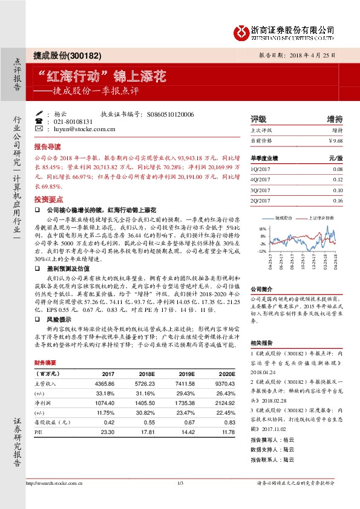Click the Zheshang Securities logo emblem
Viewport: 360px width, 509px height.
coord(242,31)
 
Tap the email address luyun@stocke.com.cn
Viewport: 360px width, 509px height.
coord(84,129)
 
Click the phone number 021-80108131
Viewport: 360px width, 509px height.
coord(79,122)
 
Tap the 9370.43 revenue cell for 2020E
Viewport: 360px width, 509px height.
coord(221,384)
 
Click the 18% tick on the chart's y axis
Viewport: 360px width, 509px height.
coord(263,229)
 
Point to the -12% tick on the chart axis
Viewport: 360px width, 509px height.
coord(263,250)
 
